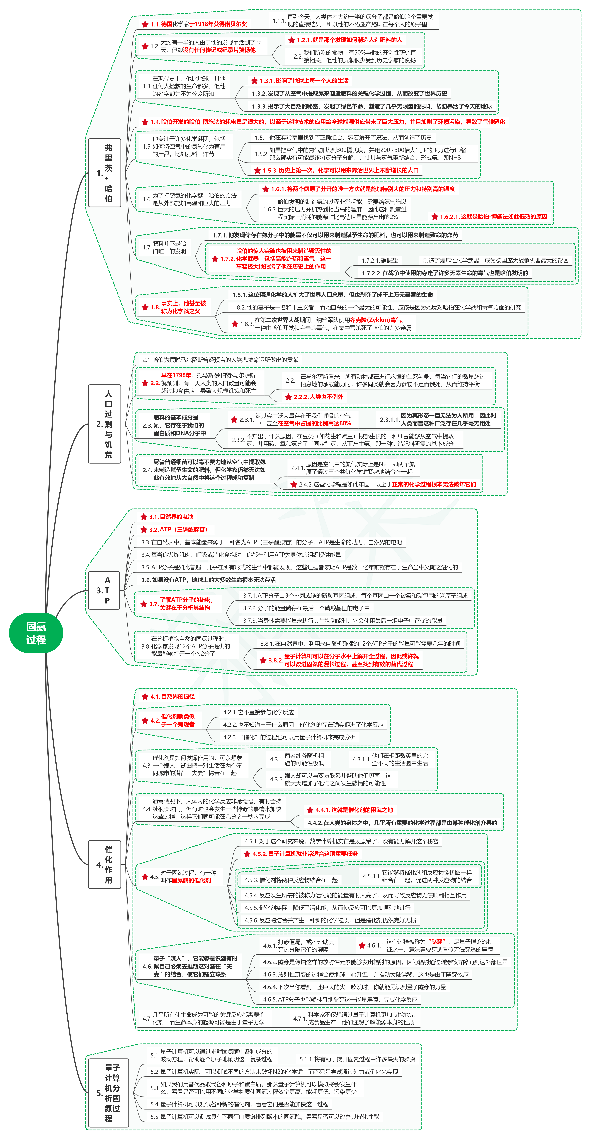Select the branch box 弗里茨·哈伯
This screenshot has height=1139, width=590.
point(105,173)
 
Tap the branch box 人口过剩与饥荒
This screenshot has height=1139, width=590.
point(105,424)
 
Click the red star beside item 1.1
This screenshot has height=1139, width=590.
point(145,24)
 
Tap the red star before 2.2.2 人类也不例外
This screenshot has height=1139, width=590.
point(288,397)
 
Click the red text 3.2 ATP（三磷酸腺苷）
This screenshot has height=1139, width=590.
point(178,529)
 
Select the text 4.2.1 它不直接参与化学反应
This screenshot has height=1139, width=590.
point(258,712)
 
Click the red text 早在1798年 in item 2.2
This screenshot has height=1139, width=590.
point(176,375)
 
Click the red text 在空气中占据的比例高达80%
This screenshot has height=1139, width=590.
point(314,423)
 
